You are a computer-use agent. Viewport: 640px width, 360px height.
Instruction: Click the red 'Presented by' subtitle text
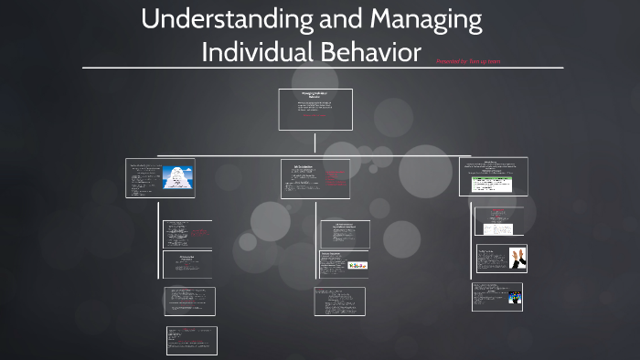point(468,61)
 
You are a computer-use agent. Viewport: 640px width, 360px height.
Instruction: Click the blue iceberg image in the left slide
point(176,179)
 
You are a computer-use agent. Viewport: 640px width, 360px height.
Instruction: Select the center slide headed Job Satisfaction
point(315,179)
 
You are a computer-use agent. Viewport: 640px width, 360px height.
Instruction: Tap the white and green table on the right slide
point(492,184)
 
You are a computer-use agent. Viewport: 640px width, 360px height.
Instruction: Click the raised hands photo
point(513,258)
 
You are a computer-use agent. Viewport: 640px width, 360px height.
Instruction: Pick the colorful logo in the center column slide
point(358,265)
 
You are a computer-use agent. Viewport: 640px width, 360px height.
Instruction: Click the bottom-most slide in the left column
point(191,341)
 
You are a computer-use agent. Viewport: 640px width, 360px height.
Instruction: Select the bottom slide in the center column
point(340,302)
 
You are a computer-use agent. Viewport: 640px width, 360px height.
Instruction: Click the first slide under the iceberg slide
point(187,234)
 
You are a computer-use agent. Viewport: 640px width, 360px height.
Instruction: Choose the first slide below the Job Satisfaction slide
point(345,234)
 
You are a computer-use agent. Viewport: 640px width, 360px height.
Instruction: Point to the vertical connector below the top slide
point(315,143)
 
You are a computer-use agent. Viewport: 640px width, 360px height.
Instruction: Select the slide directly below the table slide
point(499,220)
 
